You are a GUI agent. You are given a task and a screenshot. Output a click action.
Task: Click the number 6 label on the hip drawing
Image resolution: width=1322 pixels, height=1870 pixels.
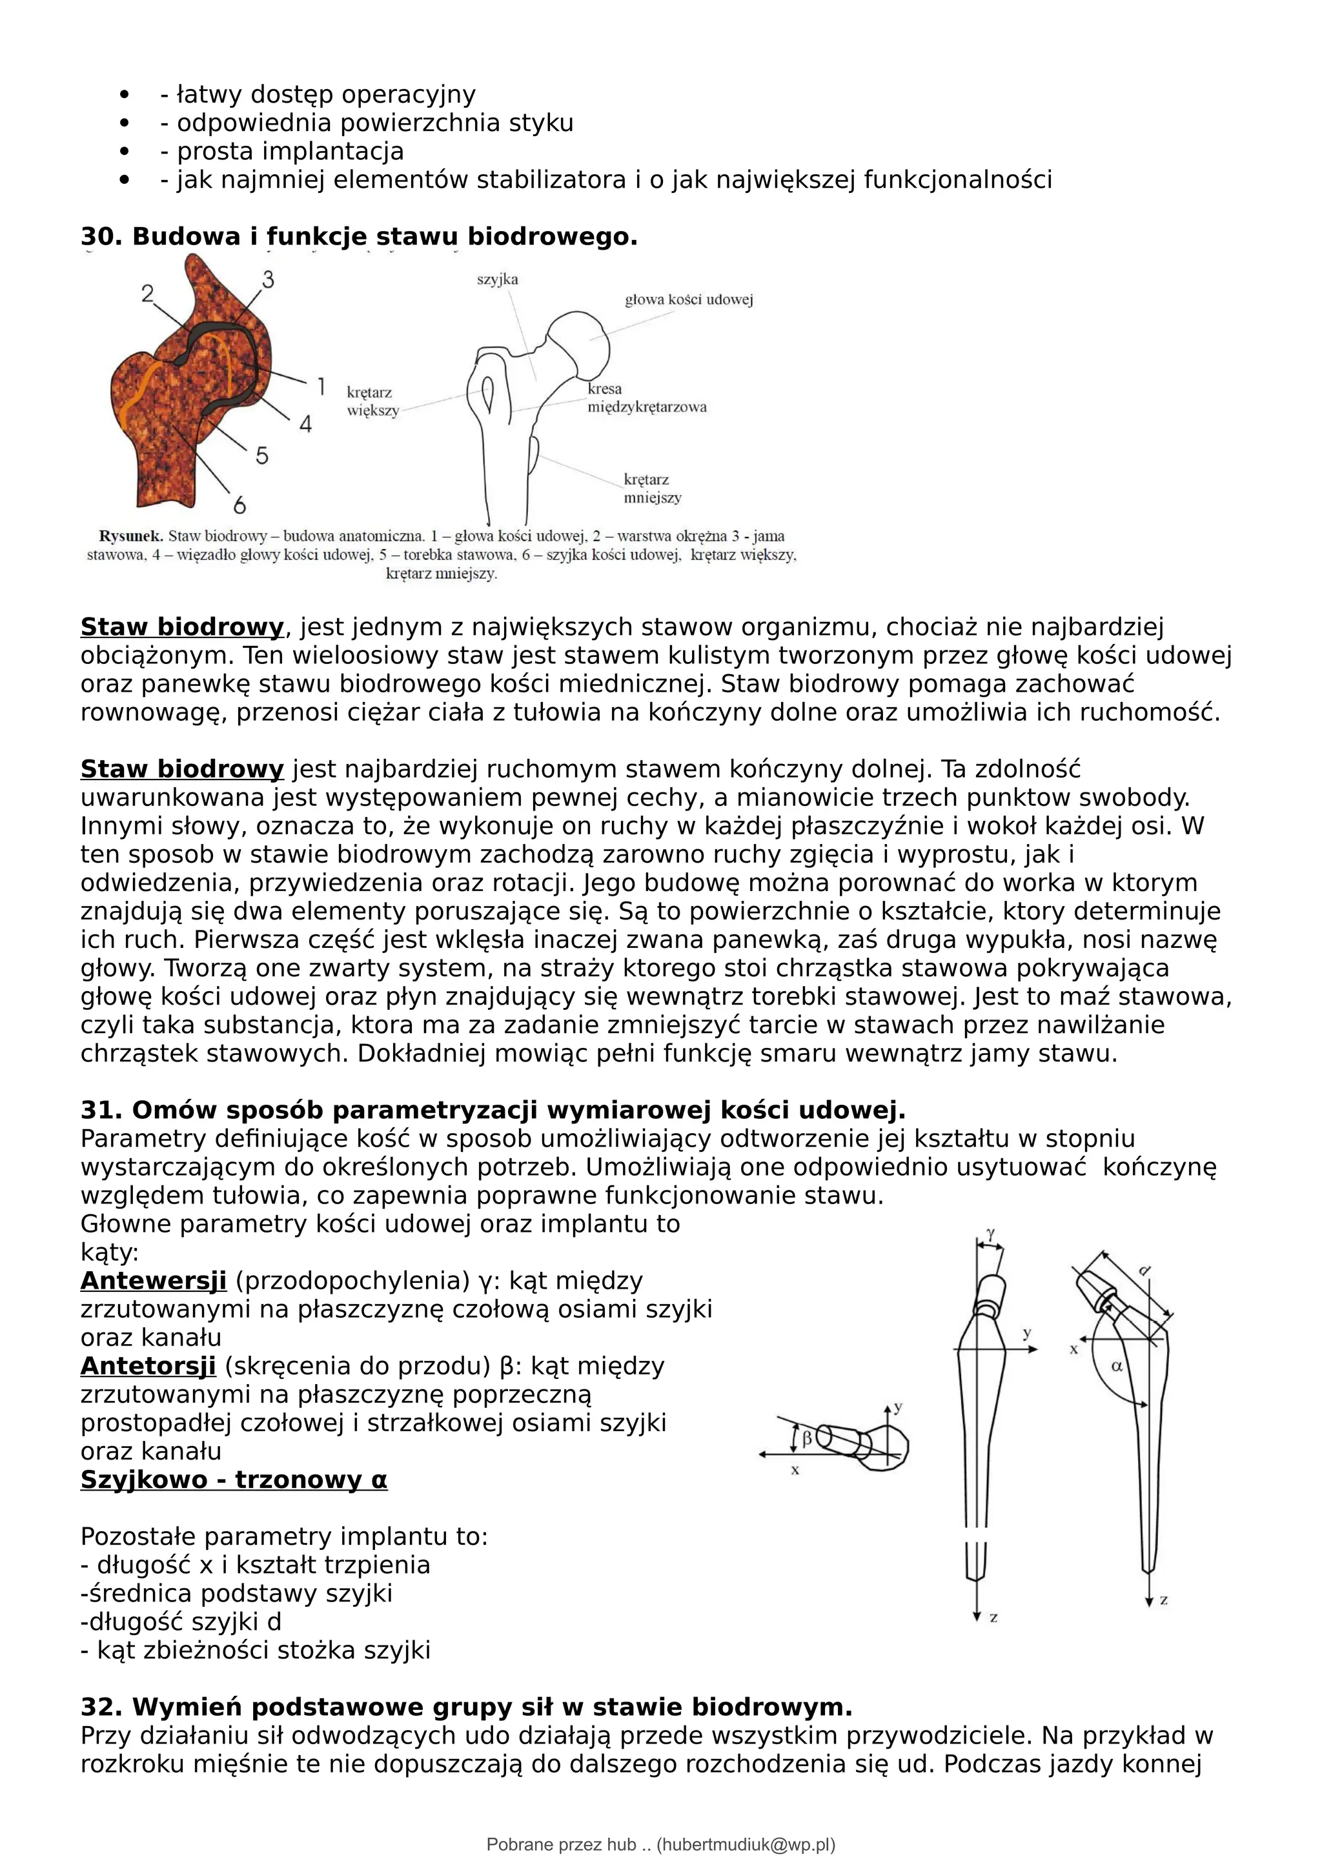point(239,506)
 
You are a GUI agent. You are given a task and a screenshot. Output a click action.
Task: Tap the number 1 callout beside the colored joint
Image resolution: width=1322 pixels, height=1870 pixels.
point(321,386)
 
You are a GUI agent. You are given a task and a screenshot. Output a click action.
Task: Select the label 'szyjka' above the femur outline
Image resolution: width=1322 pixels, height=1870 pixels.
point(498,279)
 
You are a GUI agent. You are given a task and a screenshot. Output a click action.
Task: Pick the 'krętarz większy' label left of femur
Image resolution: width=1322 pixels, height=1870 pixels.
point(372,401)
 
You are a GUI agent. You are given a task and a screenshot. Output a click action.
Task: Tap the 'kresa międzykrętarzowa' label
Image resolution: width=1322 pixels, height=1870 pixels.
point(646,398)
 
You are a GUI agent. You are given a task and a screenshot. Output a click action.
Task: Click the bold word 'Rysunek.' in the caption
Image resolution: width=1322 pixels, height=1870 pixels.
point(130,536)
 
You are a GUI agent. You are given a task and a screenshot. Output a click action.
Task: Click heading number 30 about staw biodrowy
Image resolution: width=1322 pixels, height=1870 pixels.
point(358,237)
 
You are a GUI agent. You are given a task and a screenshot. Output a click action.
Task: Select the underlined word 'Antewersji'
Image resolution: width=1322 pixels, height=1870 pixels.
point(153,1281)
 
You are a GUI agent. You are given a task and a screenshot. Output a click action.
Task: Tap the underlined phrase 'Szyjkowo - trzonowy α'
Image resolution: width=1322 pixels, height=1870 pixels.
point(234,1480)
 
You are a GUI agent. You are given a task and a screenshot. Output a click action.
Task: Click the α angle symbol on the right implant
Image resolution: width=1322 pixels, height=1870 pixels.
point(1117,1366)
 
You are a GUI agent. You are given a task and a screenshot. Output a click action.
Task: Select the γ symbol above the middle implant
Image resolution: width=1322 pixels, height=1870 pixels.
point(990,1234)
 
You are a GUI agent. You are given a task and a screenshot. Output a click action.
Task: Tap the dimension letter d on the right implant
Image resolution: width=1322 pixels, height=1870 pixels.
point(1144,1271)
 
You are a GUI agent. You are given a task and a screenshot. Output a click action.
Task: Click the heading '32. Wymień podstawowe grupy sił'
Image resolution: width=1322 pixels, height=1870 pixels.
point(466,1707)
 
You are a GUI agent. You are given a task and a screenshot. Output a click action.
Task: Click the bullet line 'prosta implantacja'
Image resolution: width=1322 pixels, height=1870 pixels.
point(289,152)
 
